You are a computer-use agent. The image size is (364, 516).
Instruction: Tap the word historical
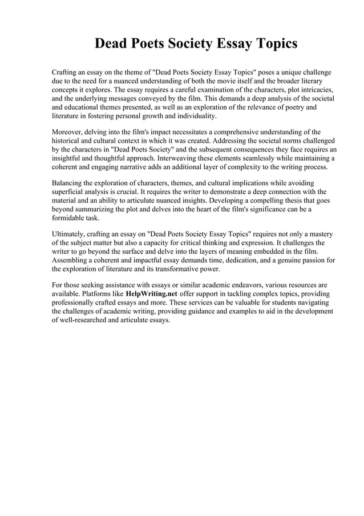[67, 141]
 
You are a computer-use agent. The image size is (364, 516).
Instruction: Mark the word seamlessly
[250, 158]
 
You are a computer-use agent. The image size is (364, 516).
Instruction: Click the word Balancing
[68, 183]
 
